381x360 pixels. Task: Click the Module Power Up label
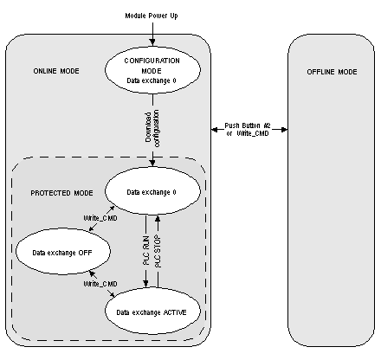152,16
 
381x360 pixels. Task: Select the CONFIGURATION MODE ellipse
152,69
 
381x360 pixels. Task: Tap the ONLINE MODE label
56,71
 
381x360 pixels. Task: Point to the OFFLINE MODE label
332,72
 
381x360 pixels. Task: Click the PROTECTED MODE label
61,193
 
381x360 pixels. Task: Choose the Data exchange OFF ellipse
63,251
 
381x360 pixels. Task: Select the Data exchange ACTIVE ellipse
152,311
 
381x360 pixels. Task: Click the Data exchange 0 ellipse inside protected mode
152,190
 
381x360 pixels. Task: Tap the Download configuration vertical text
152,128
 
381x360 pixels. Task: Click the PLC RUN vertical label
146,251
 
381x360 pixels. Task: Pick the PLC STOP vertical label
158,251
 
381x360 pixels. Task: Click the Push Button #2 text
248,125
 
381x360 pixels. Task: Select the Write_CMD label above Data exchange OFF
100,218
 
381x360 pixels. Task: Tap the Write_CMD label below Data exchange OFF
100,284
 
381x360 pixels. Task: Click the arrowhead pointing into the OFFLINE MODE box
284,130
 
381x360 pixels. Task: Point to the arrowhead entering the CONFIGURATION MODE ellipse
152,42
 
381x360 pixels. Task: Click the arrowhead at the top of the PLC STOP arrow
158,218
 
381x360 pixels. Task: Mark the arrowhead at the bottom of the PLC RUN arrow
146,284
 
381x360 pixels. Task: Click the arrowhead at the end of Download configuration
152,163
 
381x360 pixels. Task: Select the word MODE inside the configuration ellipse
152,71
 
